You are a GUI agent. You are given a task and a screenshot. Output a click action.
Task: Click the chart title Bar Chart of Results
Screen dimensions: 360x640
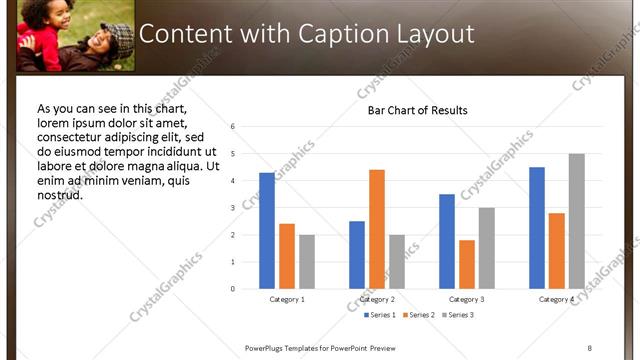pyautogui.click(x=418, y=110)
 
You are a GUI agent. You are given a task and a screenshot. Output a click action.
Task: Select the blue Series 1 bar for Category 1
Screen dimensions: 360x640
pyautogui.click(x=267, y=231)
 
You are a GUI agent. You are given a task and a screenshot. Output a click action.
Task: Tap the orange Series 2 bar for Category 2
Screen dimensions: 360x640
pyautogui.click(x=376, y=229)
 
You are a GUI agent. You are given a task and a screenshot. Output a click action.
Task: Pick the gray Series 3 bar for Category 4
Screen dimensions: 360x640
pyautogui.click(x=576, y=221)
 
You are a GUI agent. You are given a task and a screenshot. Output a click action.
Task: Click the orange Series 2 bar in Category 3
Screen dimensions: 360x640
pyautogui.click(x=467, y=264)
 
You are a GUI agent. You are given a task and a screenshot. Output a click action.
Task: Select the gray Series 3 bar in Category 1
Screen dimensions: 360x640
pyautogui.click(x=306, y=262)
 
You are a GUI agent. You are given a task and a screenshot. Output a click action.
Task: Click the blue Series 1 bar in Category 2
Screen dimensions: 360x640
pyautogui.click(x=357, y=255)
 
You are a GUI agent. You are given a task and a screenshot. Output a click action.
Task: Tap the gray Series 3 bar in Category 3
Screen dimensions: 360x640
pyautogui.click(x=486, y=248)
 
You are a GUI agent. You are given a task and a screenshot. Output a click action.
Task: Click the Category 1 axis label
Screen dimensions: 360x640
pyautogui.click(x=287, y=299)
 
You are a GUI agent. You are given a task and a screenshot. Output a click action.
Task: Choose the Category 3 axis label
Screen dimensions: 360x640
pyautogui.click(x=467, y=299)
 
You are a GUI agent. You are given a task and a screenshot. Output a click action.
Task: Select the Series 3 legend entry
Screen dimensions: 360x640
pyautogui.click(x=457, y=316)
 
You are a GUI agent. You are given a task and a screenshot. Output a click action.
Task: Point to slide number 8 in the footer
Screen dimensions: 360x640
pyautogui.click(x=589, y=348)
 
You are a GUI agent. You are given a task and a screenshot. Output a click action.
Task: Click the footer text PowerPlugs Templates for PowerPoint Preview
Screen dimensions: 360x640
pyautogui.click(x=327, y=348)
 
